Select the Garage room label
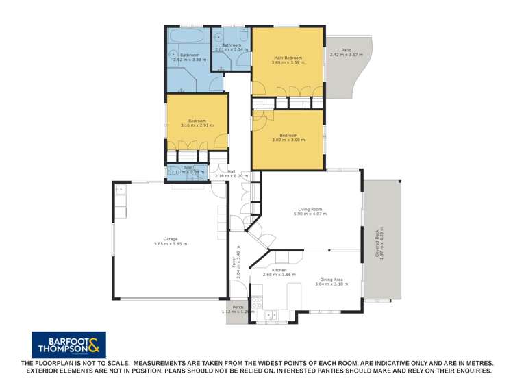(171, 239)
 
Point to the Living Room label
(310, 210)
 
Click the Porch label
(237, 308)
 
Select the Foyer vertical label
(233, 261)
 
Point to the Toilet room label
(188, 167)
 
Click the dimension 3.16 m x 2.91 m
(197, 125)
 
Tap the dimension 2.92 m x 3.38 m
(190, 60)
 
